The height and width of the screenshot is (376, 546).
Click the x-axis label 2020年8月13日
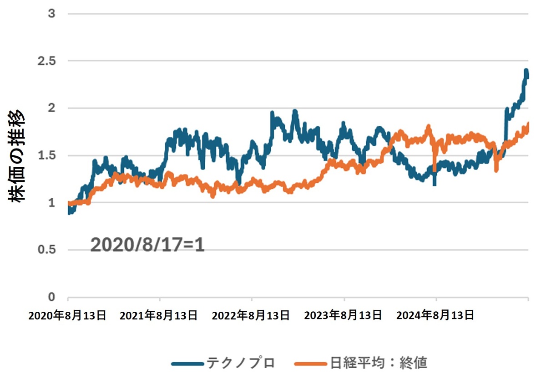67,315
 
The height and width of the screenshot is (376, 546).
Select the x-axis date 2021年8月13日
159,315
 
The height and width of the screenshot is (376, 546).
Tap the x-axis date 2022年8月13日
251,315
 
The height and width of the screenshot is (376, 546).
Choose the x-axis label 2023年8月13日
343,315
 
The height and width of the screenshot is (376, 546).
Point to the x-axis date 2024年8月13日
435,315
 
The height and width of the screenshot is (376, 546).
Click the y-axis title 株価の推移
17,156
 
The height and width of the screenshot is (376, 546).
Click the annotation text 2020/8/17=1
147,246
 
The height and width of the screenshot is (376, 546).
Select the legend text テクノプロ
241,363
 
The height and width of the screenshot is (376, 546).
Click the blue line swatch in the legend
187,363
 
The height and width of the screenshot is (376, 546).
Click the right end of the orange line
528,124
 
